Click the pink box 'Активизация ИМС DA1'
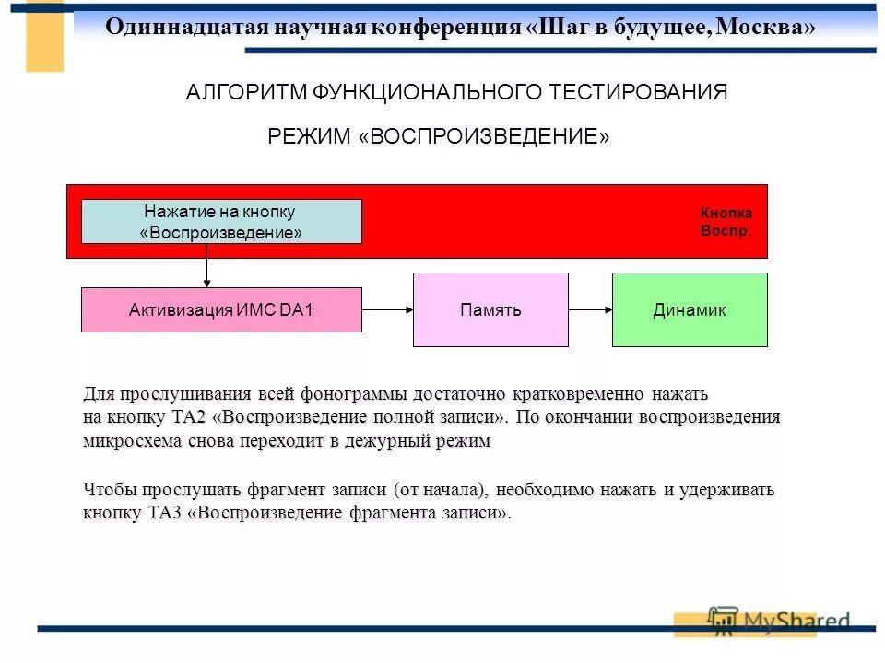[x=221, y=309]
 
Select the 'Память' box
[x=490, y=309]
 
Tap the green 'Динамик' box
[x=690, y=309]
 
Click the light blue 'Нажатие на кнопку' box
[x=221, y=221]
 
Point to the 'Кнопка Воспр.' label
[x=726, y=221]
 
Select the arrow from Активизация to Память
[x=387, y=309]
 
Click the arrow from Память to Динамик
[x=590, y=309]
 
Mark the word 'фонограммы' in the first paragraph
[x=354, y=395]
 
